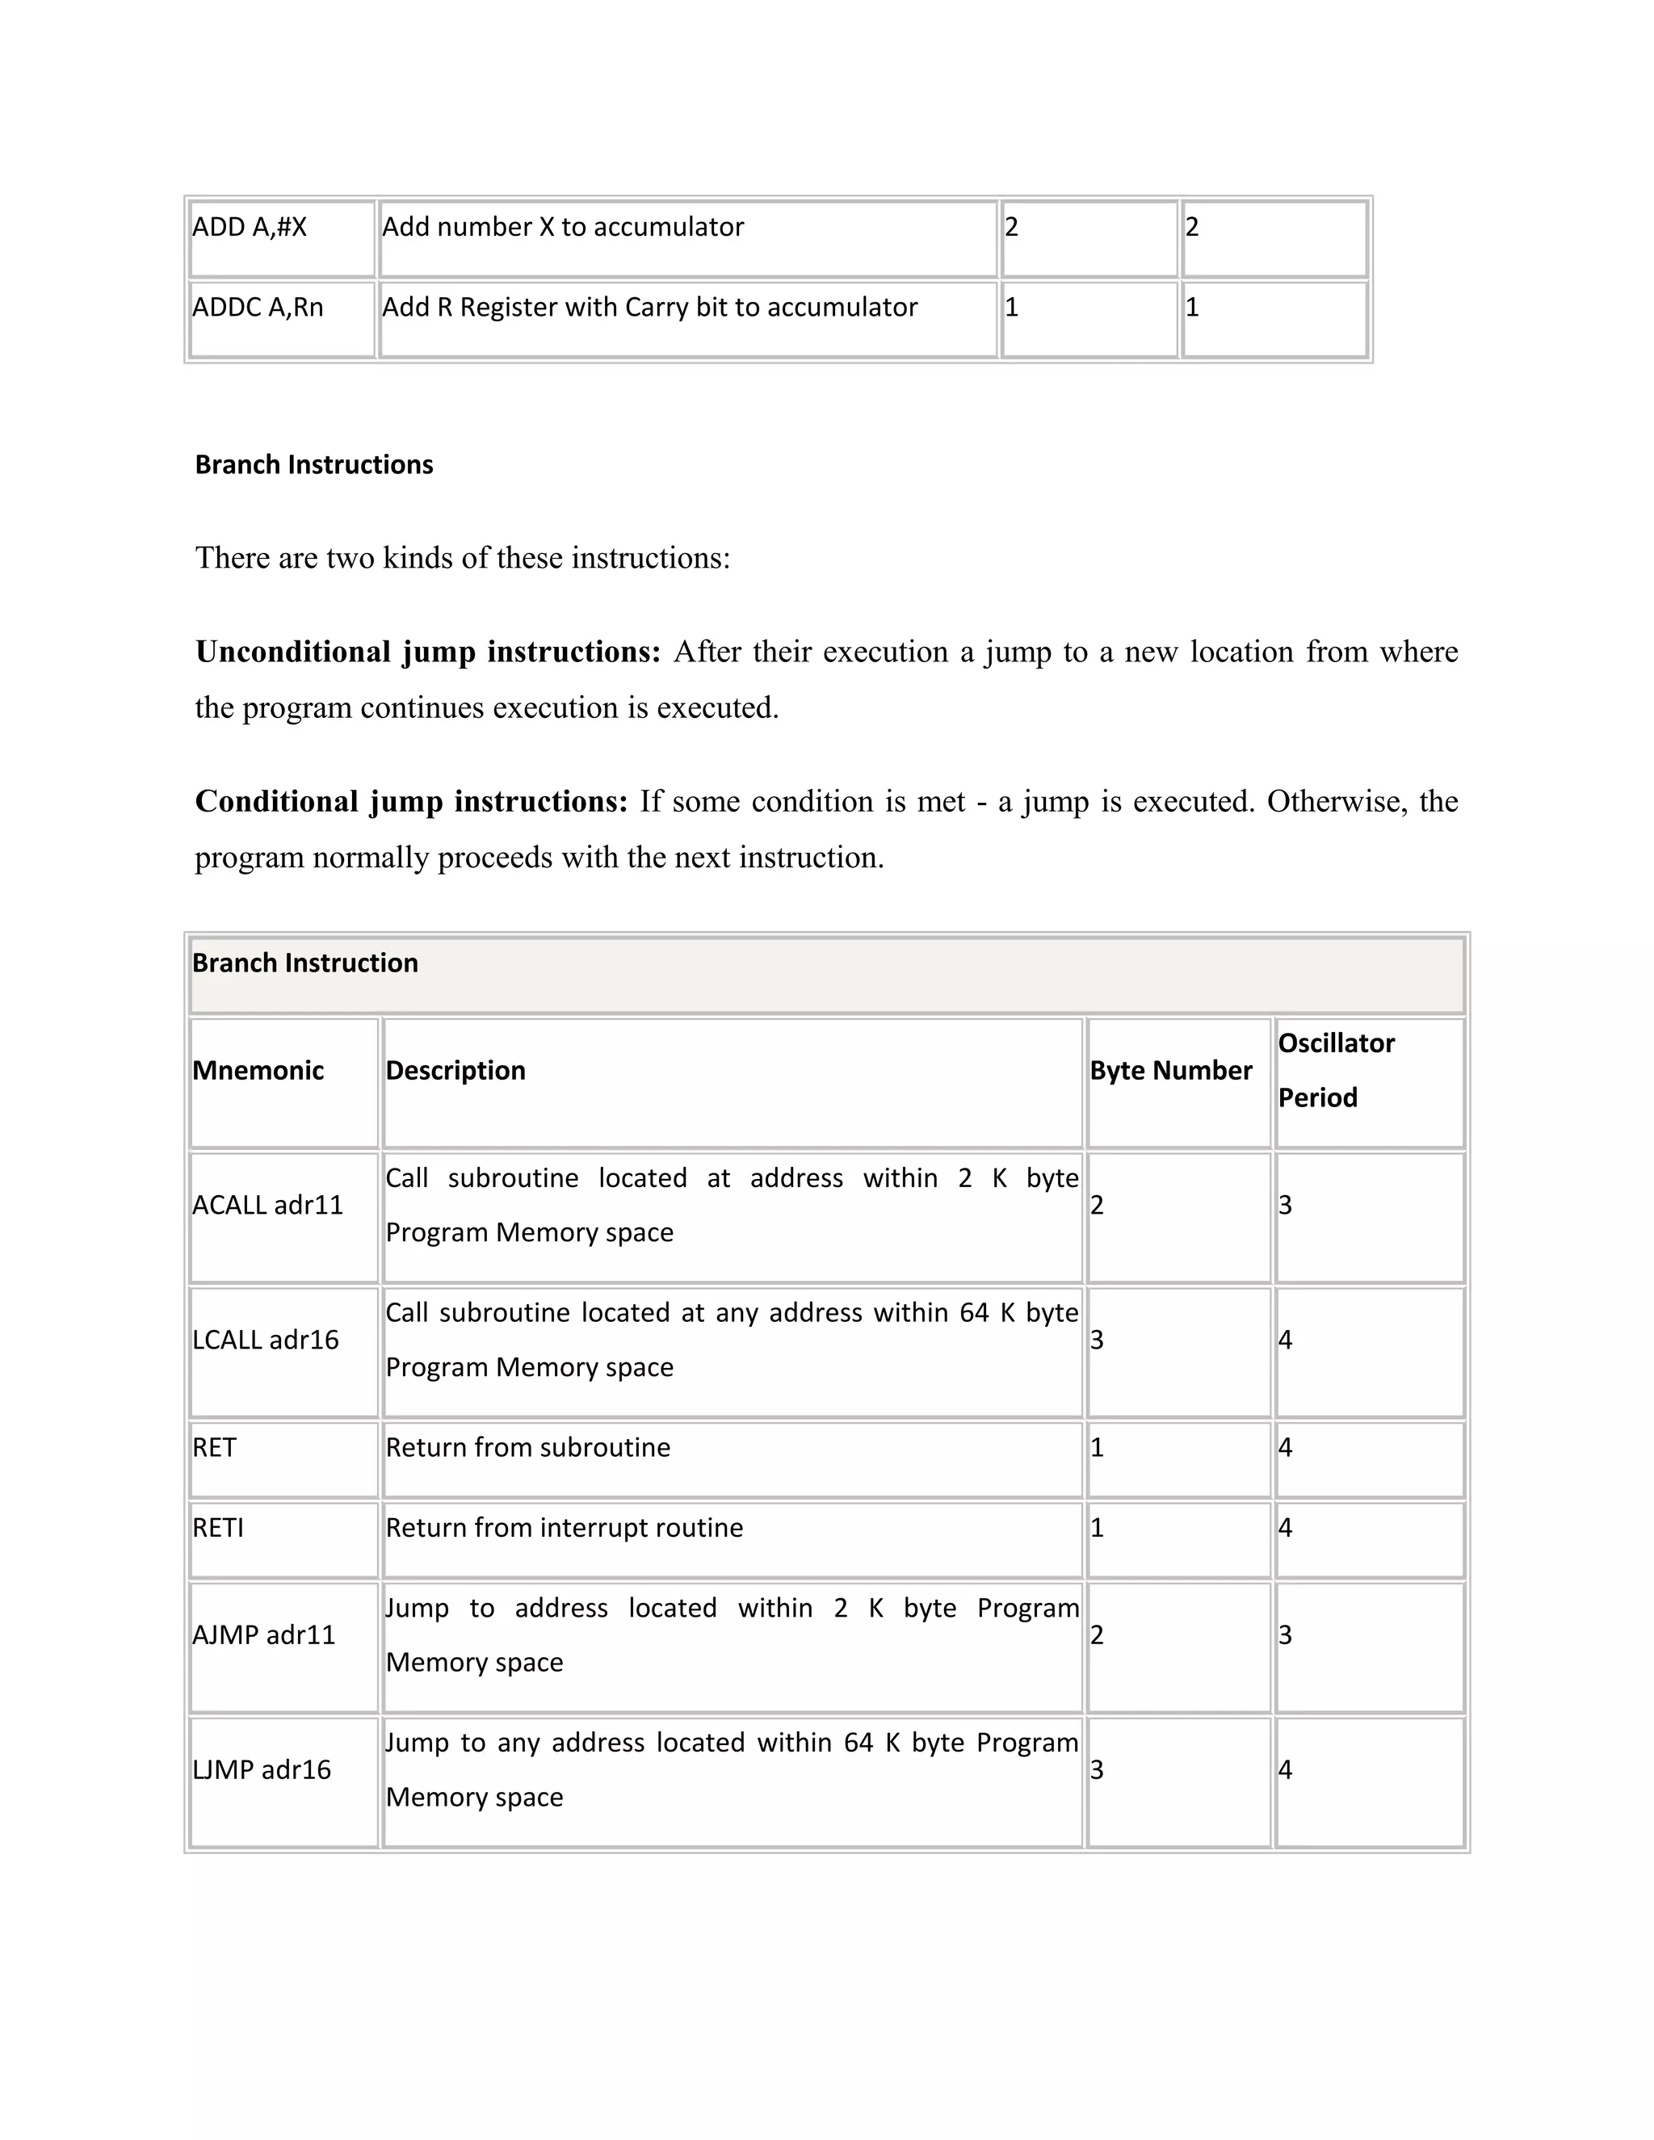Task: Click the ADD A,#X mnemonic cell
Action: pyautogui.click(x=250, y=228)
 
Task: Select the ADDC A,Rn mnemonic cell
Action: pyautogui.click(x=258, y=308)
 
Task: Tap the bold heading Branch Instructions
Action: pyautogui.click(x=313, y=464)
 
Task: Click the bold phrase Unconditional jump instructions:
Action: pyautogui.click(x=428, y=652)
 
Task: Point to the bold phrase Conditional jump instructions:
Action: pyautogui.click(x=410, y=802)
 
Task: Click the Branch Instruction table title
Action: pyautogui.click(x=304, y=963)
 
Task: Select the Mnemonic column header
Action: pyautogui.click(x=258, y=1070)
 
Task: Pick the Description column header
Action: pyautogui.click(x=455, y=1070)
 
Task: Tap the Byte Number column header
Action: pyautogui.click(x=1171, y=1070)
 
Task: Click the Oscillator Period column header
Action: pyautogui.click(x=1336, y=1070)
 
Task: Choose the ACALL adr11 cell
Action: pyautogui.click(x=267, y=1205)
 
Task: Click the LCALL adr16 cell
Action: pyautogui.click(x=266, y=1340)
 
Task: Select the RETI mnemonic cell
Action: pyautogui.click(x=217, y=1528)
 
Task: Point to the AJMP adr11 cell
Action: pyautogui.click(x=263, y=1634)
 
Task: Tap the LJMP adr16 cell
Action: pyautogui.click(x=262, y=1769)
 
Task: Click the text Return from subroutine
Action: pyautogui.click(x=527, y=1447)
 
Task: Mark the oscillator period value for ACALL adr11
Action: pyautogui.click(x=1286, y=1205)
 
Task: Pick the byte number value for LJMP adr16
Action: pyautogui.click(x=1098, y=1769)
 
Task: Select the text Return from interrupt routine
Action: pyautogui.click(x=564, y=1528)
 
